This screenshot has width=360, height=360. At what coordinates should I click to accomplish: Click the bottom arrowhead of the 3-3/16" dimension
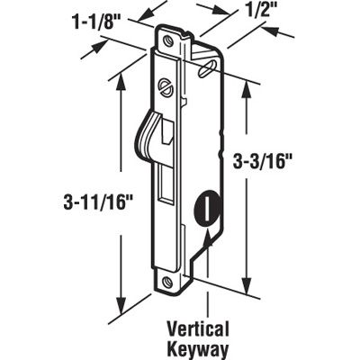(245, 286)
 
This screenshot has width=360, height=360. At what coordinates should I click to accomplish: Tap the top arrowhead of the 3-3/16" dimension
(245, 81)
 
